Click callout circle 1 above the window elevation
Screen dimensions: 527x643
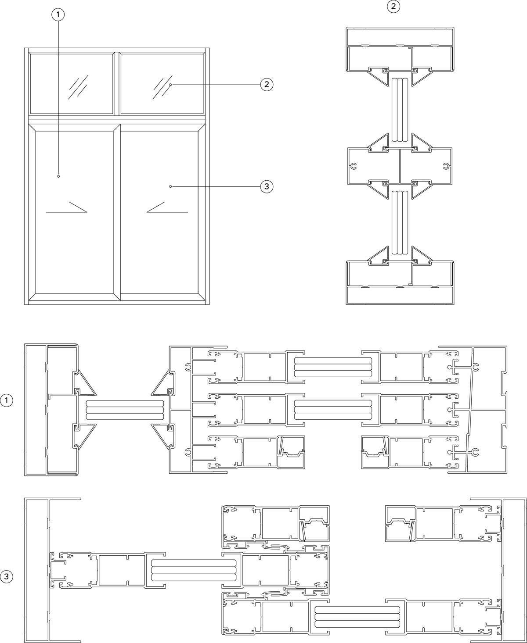point(58,14)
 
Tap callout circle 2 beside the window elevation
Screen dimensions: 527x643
point(267,85)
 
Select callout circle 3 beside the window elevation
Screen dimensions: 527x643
point(267,186)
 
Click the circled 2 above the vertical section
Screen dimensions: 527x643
point(393,6)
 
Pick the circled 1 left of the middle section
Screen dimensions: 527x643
point(7,400)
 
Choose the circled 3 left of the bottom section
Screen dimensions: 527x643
point(7,576)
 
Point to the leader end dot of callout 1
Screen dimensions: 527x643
point(58,176)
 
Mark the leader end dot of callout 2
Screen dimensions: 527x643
point(170,85)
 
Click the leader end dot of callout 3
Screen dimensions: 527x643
point(170,186)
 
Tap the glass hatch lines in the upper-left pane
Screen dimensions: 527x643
point(78,87)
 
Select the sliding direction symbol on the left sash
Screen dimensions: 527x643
point(67,207)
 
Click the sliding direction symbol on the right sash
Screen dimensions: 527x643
point(167,207)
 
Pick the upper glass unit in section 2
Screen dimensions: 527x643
point(400,110)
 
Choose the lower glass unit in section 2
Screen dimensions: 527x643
point(400,222)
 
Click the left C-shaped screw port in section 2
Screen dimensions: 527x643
point(354,167)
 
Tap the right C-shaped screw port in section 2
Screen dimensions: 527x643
point(446,167)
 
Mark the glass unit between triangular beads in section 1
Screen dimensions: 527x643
point(125,410)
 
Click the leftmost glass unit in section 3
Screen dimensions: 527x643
point(194,570)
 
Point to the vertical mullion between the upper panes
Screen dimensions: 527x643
point(117,83)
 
